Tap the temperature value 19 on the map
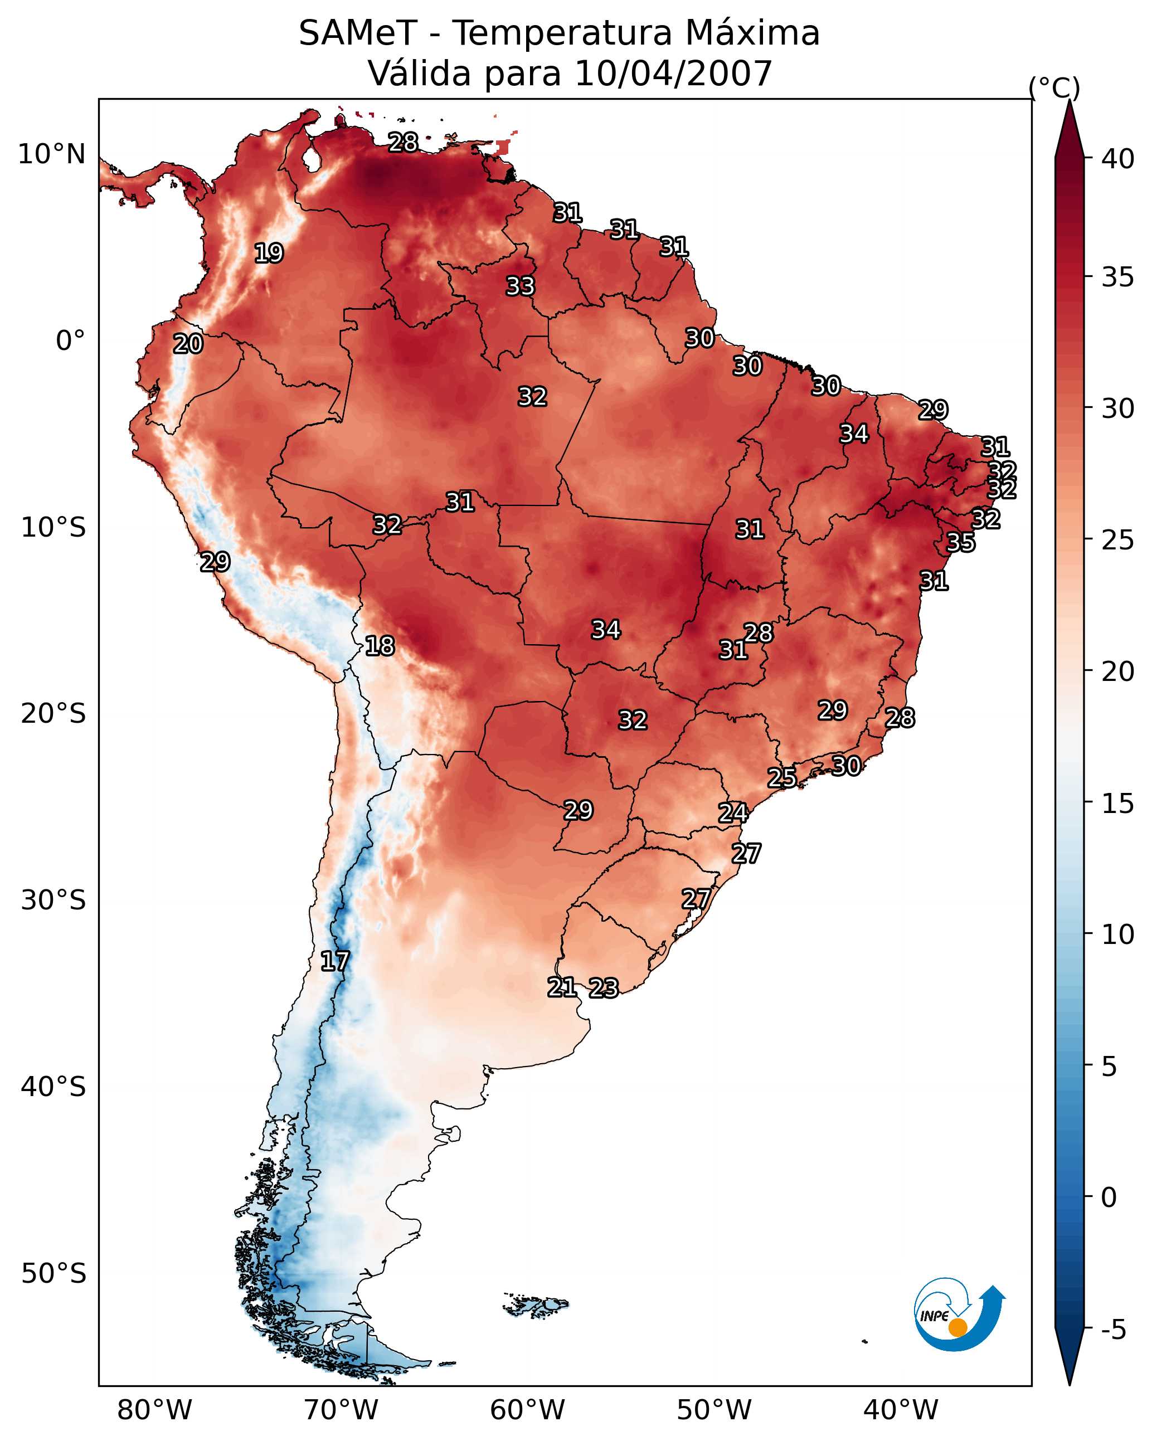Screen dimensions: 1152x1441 pyautogui.click(x=269, y=254)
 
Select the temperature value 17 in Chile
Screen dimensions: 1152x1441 pyautogui.click(x=335, y=961)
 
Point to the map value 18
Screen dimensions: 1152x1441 pyautogui.click(x=380, y=646)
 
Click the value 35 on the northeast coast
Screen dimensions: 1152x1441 pyautogui.click(x=961, y=542)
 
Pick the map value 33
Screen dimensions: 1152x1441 pyautogui.click(x=520, y=286)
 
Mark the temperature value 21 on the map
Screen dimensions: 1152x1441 pyautogui.click(x=562, y=987)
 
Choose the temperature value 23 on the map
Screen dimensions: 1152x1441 pyautogui.click(x=604, y=988)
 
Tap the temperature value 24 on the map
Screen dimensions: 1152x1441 pyautogui.click(x=733, y=813)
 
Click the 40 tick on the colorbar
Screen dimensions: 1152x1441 pyautogui.click(x=1118, y=159)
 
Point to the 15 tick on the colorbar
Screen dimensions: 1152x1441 pyautogui.click(x=1118, y=804)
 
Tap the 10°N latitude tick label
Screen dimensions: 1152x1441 pyautogui.click(x=51, y=154)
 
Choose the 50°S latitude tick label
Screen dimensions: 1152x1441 pyautogui.click(x=54, y=1274)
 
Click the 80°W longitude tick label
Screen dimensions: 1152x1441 pyautogui.click(x=154, y=1410)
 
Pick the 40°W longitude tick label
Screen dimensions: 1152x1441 pyautogui.click(x=901, y=1410)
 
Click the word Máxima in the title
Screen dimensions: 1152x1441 pyautogui.click(x=752, y=33)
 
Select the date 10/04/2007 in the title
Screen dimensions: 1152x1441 pyautogui.click(x=673, y=73)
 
